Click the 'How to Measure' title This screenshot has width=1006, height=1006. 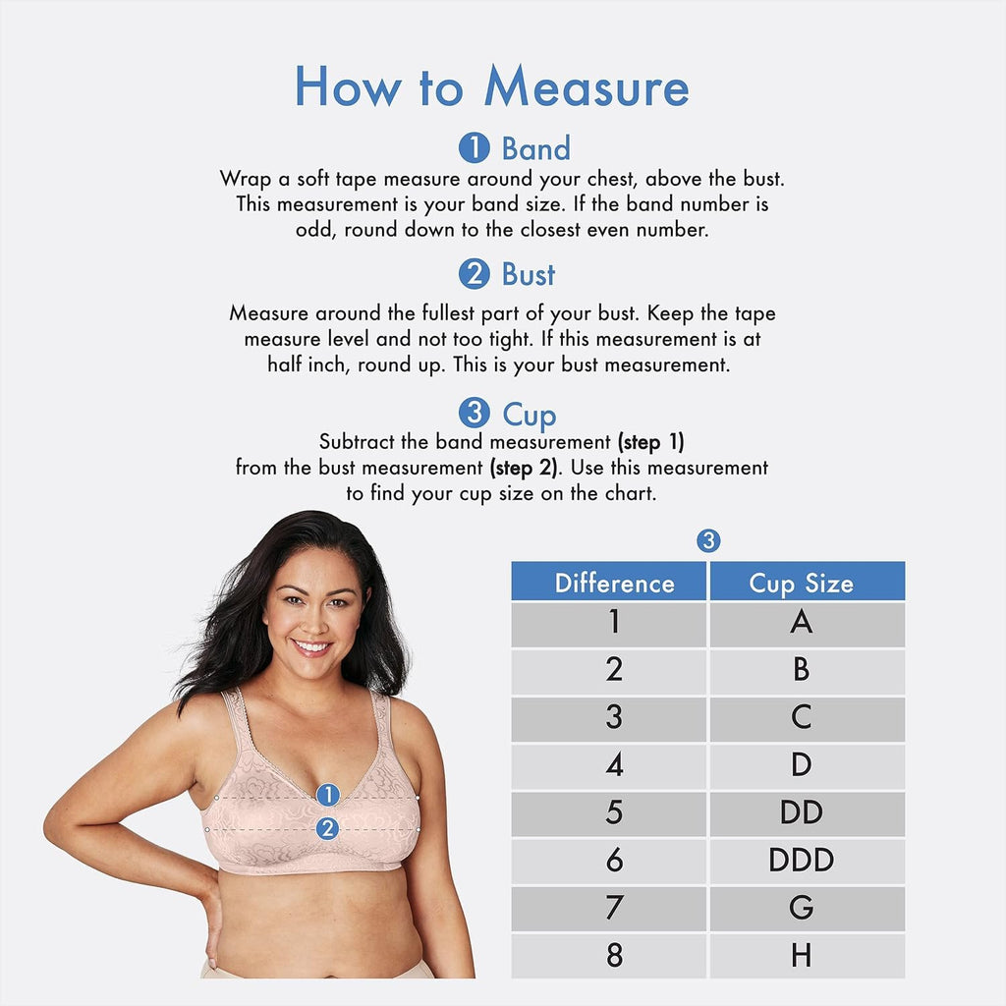[491, 86]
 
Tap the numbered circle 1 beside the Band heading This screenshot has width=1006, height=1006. [475, 147]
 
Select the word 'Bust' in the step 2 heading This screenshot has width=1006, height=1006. [528, 275]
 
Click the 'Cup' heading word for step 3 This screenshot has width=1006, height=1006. [530, 416]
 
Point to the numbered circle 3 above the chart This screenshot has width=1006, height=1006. [708, 541]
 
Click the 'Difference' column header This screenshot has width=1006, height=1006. [609, 582]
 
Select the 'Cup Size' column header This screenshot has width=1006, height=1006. [808, 582]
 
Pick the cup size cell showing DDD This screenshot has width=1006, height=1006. [808, 861]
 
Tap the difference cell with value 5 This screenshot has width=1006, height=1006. [609, 812]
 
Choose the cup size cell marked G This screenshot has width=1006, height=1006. [808, 908]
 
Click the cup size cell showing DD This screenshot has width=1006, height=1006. [808, 812]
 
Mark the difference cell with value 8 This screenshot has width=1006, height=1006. [609, 956]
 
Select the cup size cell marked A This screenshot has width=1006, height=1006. [808, 623]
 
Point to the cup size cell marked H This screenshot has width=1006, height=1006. [808, 956]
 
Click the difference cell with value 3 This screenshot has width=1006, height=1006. [609, 718]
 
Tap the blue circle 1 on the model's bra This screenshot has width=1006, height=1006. [328, 795]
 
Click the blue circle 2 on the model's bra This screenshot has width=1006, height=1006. [328, 829]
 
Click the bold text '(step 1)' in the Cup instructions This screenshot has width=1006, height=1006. [650, 442]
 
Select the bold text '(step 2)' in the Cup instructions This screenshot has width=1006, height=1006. [524, 468]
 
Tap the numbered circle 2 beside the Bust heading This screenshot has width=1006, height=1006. [475, 274]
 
